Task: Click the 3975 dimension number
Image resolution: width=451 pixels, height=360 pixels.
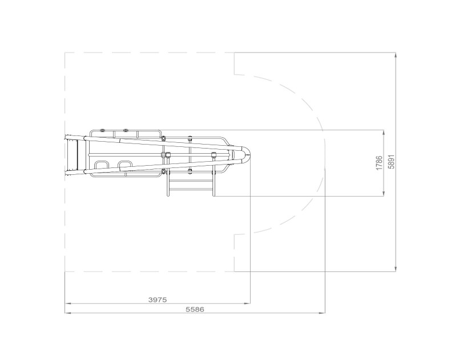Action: point(158,299)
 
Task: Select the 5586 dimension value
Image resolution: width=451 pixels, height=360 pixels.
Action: point(195,309)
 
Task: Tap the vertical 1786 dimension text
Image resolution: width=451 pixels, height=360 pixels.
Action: point(380,163)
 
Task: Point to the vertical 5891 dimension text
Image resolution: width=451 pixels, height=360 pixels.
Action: point(392,162)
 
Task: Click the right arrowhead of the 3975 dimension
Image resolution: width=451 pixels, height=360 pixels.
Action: point(247,303)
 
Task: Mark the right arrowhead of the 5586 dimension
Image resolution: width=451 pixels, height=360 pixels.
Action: point(322,313)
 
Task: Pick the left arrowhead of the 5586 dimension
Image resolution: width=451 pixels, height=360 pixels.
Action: point(68,313)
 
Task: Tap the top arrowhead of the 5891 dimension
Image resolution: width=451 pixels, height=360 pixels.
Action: point(396,56)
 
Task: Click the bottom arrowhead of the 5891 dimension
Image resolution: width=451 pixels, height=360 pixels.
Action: point(396,268)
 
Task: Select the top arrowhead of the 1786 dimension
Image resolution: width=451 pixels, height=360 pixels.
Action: point(384,133)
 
